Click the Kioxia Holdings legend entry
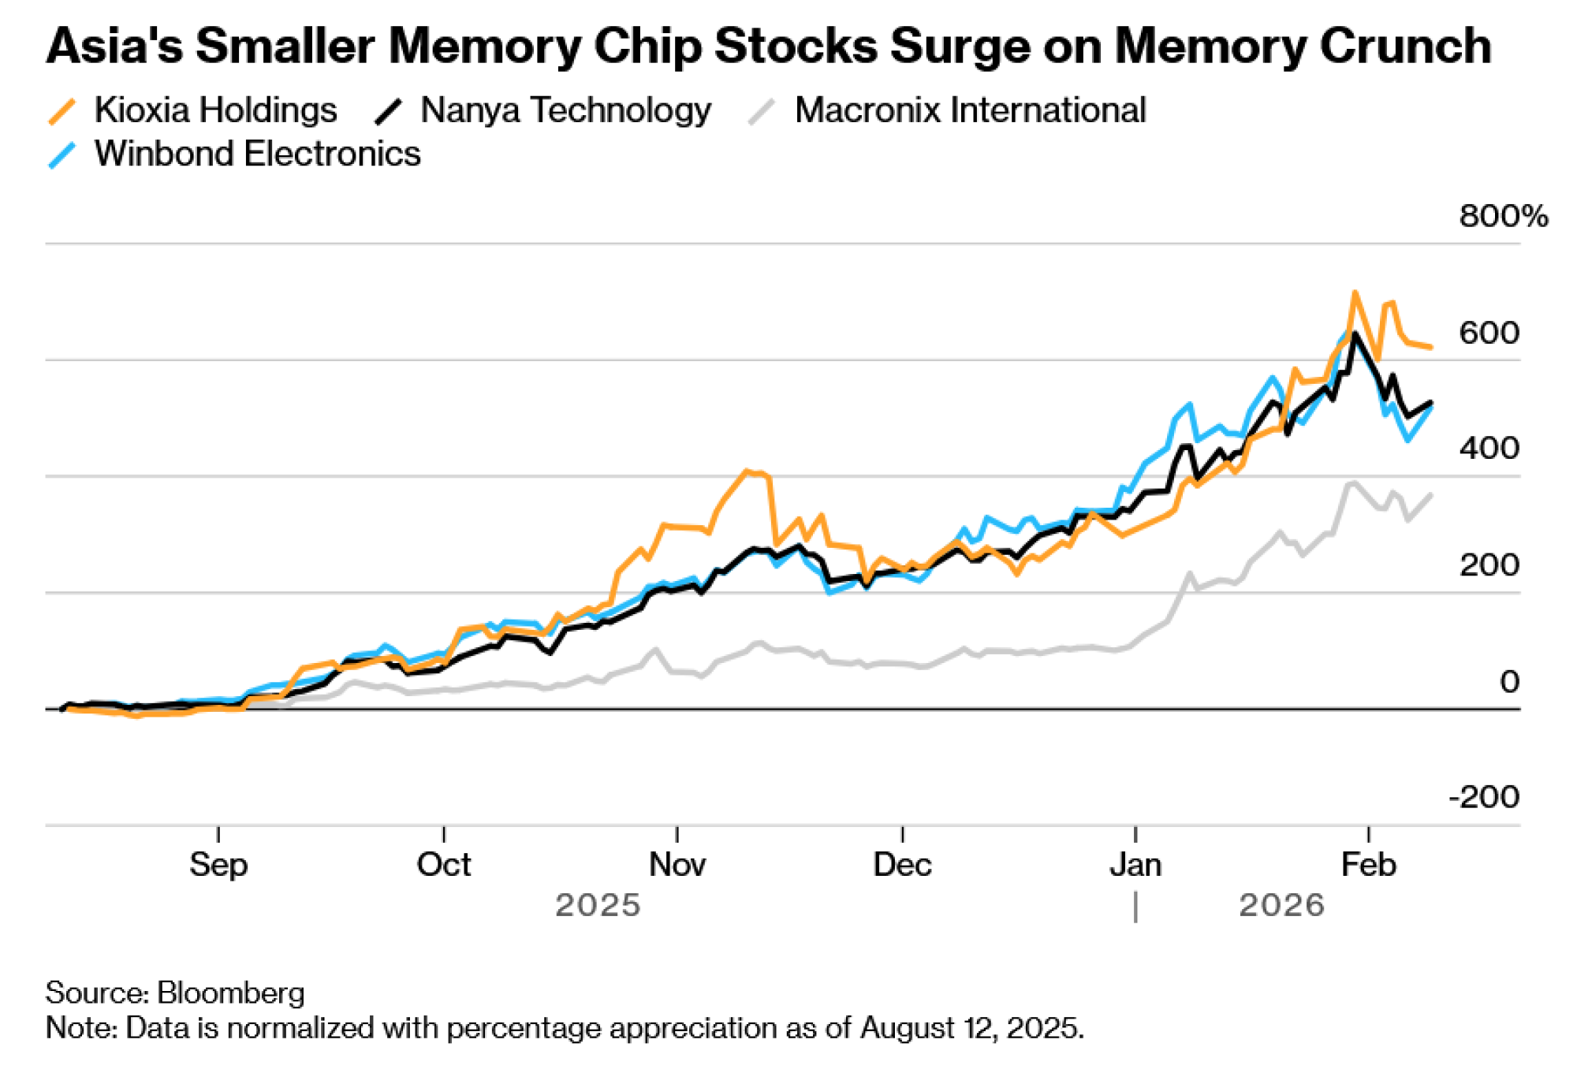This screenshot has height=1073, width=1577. coord(214,110)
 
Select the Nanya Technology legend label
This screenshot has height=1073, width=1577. coord(565,110)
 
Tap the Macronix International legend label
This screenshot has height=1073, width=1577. coord(970,110)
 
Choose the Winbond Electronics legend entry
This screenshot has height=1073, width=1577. coord(257,154)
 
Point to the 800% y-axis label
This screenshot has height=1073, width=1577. coord(1503,216)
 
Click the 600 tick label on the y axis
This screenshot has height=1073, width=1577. coord(1489,333)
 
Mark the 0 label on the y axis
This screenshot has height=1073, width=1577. coord(1509,682)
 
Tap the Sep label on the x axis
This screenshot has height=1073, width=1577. coord(218,865)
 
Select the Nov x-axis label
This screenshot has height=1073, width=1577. coord(677,865)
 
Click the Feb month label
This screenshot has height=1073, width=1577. coord(1368,865)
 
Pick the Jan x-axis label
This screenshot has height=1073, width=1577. coord(1135,865)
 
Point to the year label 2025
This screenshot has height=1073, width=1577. coord(598,905)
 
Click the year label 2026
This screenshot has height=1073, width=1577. coord(1281,905)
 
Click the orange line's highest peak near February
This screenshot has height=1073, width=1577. coord(1355,292)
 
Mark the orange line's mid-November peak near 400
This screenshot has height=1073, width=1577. coord(746,471)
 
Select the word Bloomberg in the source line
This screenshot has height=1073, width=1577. coord(230,993)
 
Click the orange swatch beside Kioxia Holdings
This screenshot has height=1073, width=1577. coord(62,111)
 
